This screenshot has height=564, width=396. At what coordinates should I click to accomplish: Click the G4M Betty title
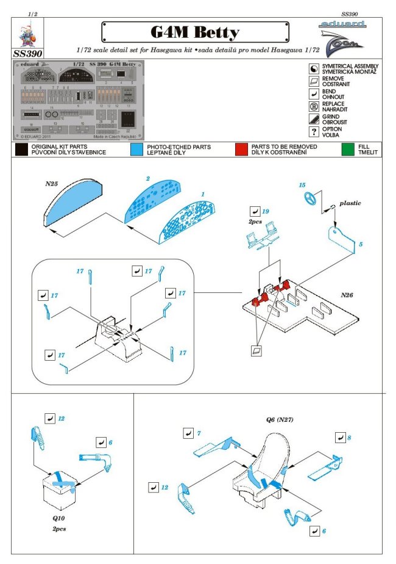(194, 32)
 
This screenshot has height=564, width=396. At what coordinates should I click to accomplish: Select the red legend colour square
(242, 148)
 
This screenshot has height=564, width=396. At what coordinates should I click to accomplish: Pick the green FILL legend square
(348, 148)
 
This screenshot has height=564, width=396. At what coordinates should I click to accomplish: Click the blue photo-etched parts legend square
(137, 148)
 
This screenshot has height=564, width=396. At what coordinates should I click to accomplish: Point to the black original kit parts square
(21, 148)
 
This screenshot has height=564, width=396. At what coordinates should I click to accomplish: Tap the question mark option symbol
(313, 132)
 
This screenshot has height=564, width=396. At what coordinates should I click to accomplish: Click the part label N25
(52, 183)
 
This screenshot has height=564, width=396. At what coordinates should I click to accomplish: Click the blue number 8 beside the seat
(348, 438)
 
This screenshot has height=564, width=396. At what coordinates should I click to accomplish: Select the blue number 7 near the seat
(199, 433)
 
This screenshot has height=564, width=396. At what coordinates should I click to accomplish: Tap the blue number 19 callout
(266, 211)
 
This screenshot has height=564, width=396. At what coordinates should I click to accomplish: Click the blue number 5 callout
(360, 244)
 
